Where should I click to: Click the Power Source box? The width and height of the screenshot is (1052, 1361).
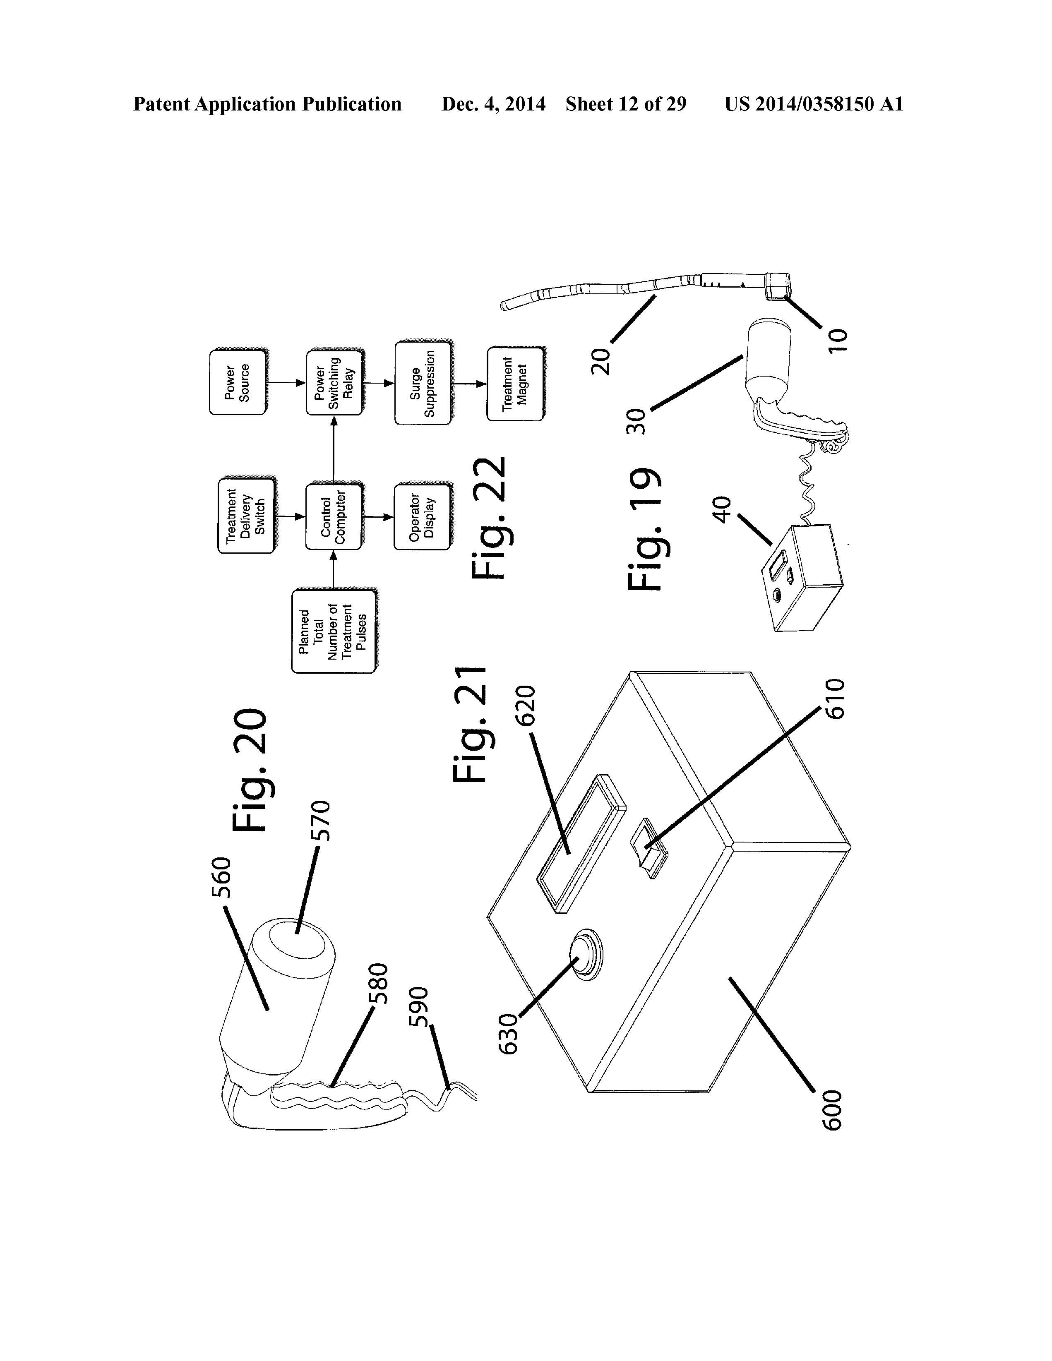pyautogui.click(x=238, y=382)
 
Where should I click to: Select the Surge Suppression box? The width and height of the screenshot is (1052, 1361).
pyautogui.click(x=423, y=383)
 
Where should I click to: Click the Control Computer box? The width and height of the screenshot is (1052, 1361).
pyautogui.click(x=334, y=516)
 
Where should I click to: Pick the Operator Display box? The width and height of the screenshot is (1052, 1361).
pyautogui.click(x=422, y=516)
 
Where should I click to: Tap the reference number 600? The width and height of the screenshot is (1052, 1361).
pyautogui.click(x=832, y=1111)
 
